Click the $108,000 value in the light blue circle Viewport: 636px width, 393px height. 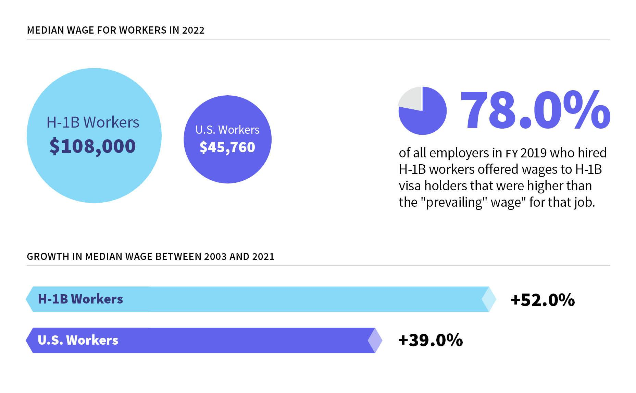tap(92, 146)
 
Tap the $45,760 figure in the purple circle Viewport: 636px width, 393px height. tap(227, 147)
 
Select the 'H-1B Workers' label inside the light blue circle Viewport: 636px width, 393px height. tap(93, 122)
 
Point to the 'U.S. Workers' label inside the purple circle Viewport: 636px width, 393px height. tap(227, 130)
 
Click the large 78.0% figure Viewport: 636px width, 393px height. tap(535, 110)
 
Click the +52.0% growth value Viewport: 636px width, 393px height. tap(543, 300)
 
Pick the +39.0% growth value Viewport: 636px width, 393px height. tap(431, 340)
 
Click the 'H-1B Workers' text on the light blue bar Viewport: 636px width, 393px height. tap(80, 299)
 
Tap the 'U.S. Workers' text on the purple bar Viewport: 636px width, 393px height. tap(78, 340)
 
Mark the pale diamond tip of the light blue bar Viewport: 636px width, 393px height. tap(489, 299)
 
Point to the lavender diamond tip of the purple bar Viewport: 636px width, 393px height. tap(375, 341)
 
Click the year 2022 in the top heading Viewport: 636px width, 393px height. tap(193, 30)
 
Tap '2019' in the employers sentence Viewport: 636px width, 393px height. tap(534, 153)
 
